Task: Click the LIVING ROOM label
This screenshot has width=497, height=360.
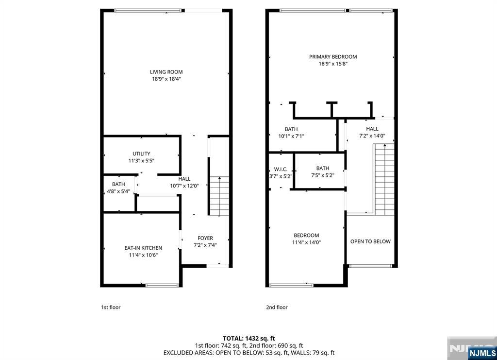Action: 166,72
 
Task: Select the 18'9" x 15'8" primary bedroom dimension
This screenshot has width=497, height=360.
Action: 333,64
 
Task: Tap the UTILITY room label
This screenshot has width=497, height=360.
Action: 141,154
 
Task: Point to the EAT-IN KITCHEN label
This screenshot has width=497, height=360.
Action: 143,248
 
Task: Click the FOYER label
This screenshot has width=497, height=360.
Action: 205,238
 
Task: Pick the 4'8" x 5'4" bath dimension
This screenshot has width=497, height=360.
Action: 118,191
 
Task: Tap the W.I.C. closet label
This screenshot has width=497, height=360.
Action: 281,169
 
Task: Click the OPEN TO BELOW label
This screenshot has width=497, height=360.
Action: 370,241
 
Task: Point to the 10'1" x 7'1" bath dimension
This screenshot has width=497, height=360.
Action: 291,136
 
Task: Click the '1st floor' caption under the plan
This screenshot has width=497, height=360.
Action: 111,307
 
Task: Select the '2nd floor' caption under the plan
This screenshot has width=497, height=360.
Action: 277,307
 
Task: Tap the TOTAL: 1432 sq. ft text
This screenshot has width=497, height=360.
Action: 248,338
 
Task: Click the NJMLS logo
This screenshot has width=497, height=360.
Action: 482,353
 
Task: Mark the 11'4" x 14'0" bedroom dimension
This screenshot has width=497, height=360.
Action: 306,242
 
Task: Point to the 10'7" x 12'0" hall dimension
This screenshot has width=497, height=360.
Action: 184,186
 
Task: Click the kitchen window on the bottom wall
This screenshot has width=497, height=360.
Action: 159,285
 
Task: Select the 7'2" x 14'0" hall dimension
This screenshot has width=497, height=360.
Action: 372,136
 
